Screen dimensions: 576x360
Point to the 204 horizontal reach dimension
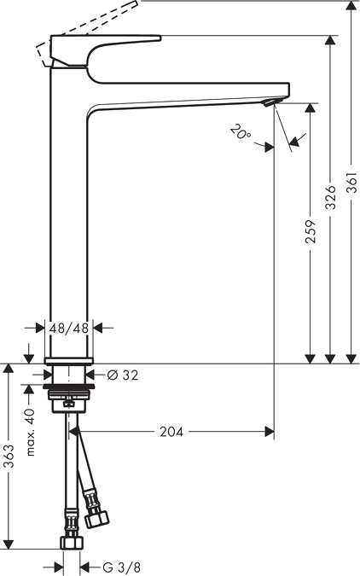tap(171, 432)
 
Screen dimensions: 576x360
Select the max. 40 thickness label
tap(29, 431)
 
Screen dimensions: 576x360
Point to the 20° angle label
tap(241, 132)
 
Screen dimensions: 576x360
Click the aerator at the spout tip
tap(270, 102)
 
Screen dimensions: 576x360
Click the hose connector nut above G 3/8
tap(72, 542)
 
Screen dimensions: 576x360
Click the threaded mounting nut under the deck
tap(71, 396)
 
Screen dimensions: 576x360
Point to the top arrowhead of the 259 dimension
tap(310, 109)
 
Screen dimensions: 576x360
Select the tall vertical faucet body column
tap(71, 213)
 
